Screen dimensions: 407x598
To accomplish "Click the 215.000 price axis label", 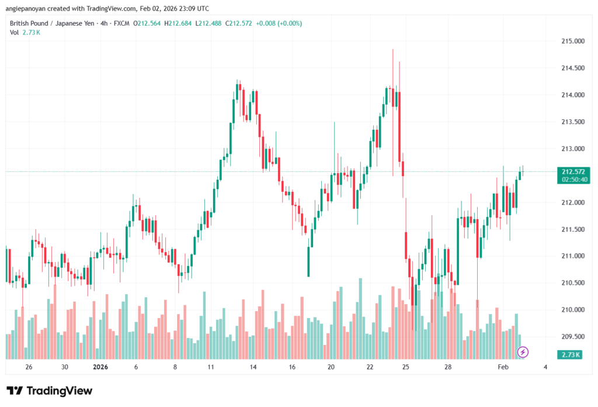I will coord(572,42).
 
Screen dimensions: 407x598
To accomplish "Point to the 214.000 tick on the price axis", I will coord(572,95).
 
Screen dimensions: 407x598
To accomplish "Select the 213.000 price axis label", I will coord(572,149).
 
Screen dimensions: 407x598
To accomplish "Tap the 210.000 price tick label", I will coord(572,310).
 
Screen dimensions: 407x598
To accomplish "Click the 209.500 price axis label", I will coord(572,337).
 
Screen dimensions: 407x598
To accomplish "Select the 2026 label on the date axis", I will coord(101,367).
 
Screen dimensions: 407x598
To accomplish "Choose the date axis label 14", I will coord(253,367).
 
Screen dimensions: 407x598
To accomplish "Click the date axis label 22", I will coord(370,367).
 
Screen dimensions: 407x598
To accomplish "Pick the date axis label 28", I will coord(448,367).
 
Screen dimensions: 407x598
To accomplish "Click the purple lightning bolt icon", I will coord(523,351).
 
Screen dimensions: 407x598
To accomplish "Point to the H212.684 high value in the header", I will coord(178,23).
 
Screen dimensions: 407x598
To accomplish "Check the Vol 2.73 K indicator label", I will coord(25,32).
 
